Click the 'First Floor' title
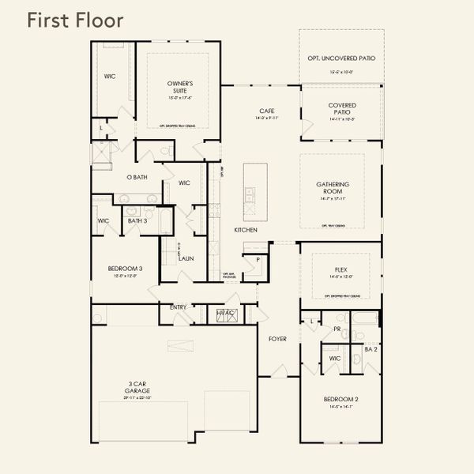pos(75,21)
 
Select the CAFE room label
pos(266,111)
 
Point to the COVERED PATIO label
pos(341,108)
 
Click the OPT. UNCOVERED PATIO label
pos(341,58)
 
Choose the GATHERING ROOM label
pos(333,187)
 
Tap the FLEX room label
pos(341,270)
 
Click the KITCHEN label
pos(246,229)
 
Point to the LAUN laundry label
pos(186,258)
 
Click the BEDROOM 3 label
pos(125,269)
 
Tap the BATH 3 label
pos(137,220)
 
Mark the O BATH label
pos(137,177)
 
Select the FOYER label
pos(276,339)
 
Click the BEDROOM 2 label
pos(341,399)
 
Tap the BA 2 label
pos(371,348)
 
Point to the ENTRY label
pos(178,307)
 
